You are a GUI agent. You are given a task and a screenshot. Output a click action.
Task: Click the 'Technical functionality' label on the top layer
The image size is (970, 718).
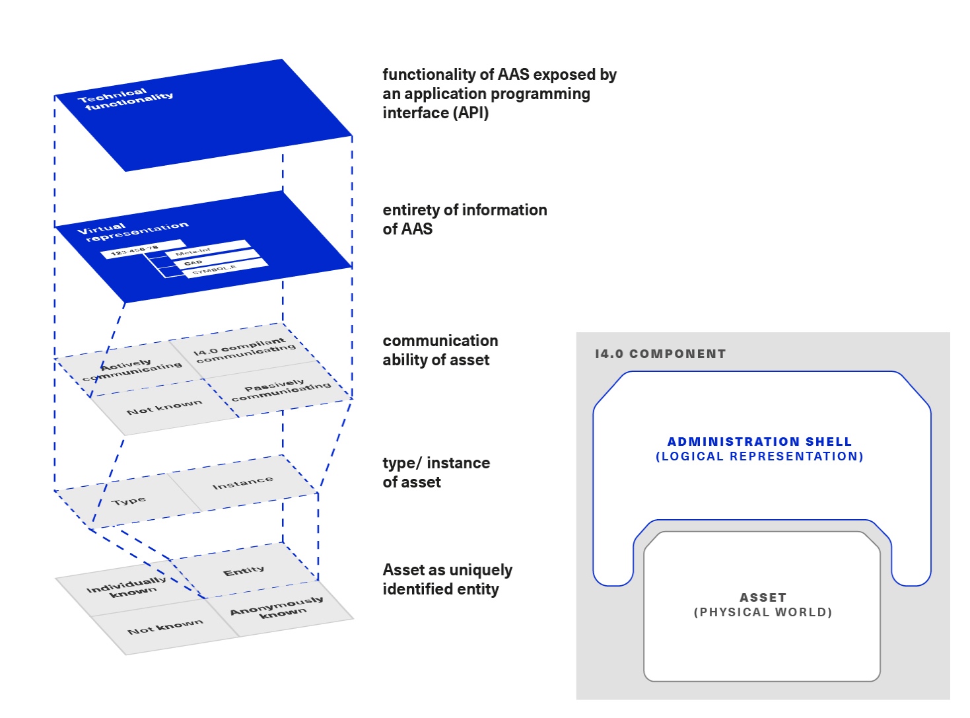[x=125, y=99]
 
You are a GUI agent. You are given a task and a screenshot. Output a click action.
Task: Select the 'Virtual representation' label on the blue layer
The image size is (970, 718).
[x=132, y=231]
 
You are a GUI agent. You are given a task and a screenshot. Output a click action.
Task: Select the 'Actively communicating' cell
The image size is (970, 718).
[x=132, y=371]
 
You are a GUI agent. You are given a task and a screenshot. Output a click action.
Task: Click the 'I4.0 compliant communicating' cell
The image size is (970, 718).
[x=244, y=351]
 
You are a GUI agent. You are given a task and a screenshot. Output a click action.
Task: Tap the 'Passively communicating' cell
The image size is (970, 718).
[x=281, y=390]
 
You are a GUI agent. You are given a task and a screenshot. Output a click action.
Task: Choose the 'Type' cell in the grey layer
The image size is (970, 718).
[x=129, y=501]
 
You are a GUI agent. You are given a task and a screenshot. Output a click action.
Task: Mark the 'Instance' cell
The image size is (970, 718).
[x=242, y=484]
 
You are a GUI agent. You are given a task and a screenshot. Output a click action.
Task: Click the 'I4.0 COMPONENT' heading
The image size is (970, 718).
[x=660, y=354]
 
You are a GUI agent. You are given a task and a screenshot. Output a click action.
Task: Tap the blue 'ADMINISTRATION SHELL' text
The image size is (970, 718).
[x=759, y=441]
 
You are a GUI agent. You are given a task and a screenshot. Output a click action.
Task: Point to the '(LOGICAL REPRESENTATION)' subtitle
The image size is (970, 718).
[x=759, y=456]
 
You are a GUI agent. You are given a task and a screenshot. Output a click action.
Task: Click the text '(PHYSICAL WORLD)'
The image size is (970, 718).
[x=763, y=612]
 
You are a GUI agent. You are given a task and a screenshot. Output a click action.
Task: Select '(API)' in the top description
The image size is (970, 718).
[x=470, y=113]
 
